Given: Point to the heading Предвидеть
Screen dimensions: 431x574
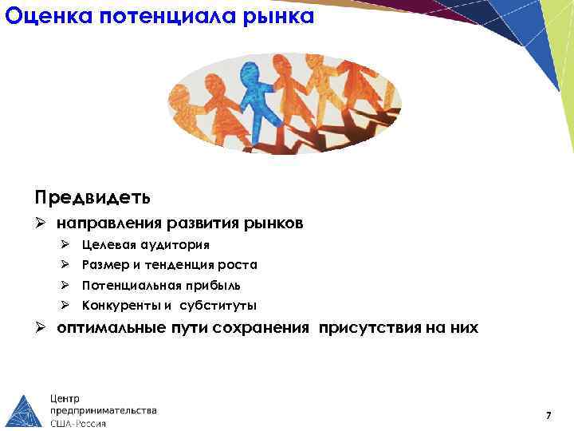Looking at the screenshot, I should point(92,196).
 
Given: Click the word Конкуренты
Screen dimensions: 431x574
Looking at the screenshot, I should point(120,306).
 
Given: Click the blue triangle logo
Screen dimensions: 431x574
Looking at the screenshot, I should point(25,403).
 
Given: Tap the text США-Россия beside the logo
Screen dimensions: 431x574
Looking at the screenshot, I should point(78,424).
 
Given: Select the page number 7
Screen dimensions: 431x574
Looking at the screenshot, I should point(548,415).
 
